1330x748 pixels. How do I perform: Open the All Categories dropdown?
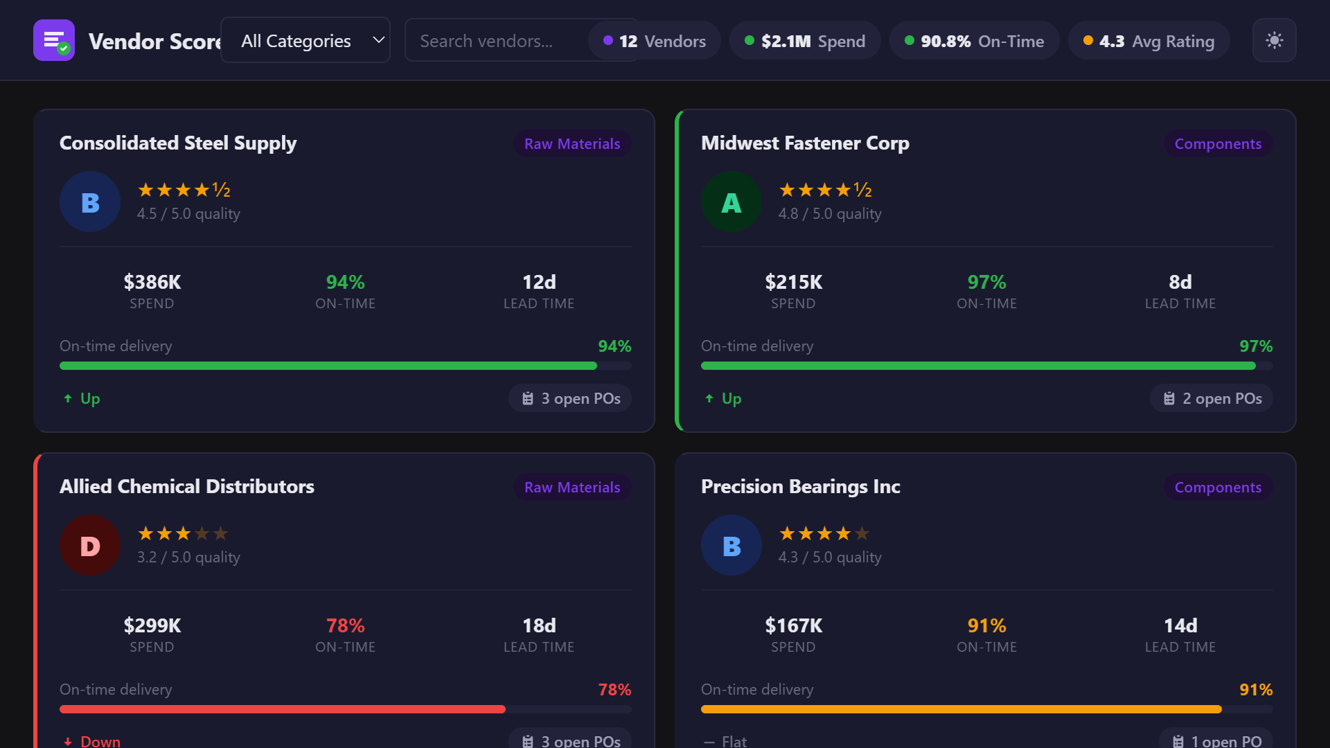pos(305,41)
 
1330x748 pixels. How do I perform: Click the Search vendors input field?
pos(495,41)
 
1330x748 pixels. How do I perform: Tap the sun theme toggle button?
pos(1274,40)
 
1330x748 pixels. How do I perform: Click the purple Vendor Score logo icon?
pos(54,40)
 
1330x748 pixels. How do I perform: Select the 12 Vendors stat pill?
pos(655,41)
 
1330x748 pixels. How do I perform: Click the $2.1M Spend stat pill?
pos(805,41)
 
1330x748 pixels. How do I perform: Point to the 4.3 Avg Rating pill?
pos(1149,41)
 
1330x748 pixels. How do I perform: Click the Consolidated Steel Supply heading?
pos(178,143)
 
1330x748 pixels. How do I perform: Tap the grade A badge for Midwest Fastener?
pos(731,202)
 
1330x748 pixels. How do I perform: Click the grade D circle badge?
pos(90,546)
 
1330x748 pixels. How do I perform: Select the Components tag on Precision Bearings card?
pos(1217,487)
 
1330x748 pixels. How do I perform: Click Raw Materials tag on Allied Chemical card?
pos(572,487)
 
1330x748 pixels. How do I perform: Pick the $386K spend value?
pos(152,282)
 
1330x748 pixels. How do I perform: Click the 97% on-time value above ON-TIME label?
pos(986,282)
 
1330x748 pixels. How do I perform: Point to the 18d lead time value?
pos(539,625)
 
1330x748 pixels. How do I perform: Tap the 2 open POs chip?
pos(1212,398)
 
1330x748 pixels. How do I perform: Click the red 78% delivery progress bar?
pos(283,709)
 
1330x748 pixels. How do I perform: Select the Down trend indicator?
pos(92,741)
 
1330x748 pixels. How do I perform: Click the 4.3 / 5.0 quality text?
pos(829,557)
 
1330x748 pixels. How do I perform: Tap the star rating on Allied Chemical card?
pos(183,533)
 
